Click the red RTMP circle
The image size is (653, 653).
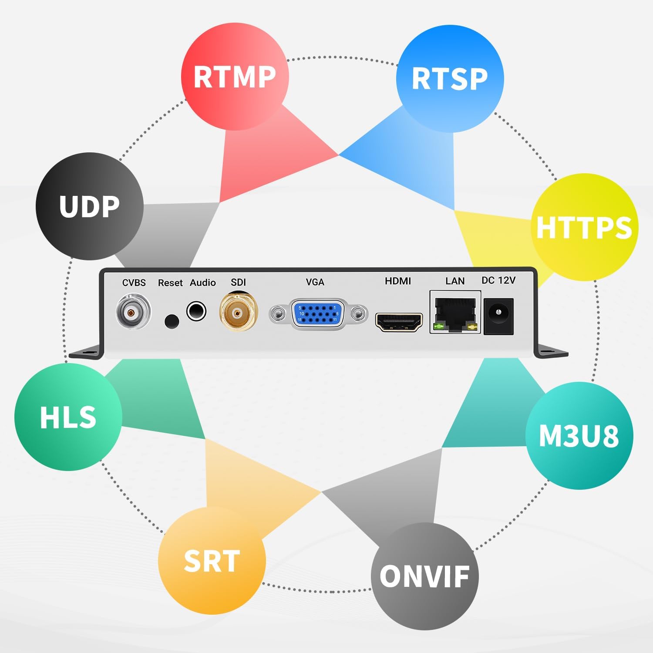235,77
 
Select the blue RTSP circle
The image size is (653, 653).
450,79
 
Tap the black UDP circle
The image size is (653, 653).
89,206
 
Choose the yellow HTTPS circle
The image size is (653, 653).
584,227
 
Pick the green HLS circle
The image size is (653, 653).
68,417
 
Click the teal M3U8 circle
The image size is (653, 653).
579,435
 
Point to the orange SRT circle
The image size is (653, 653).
212,561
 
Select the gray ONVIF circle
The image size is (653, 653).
424,576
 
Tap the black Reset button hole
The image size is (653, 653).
172,321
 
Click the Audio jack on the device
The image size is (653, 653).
196,312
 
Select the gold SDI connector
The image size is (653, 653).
238,312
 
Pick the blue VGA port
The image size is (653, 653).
317,313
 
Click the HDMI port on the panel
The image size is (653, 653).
399,322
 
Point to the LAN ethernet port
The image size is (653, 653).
455,313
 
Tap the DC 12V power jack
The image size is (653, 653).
499,316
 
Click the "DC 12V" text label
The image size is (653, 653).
498,280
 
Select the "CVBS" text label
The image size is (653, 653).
134,283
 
